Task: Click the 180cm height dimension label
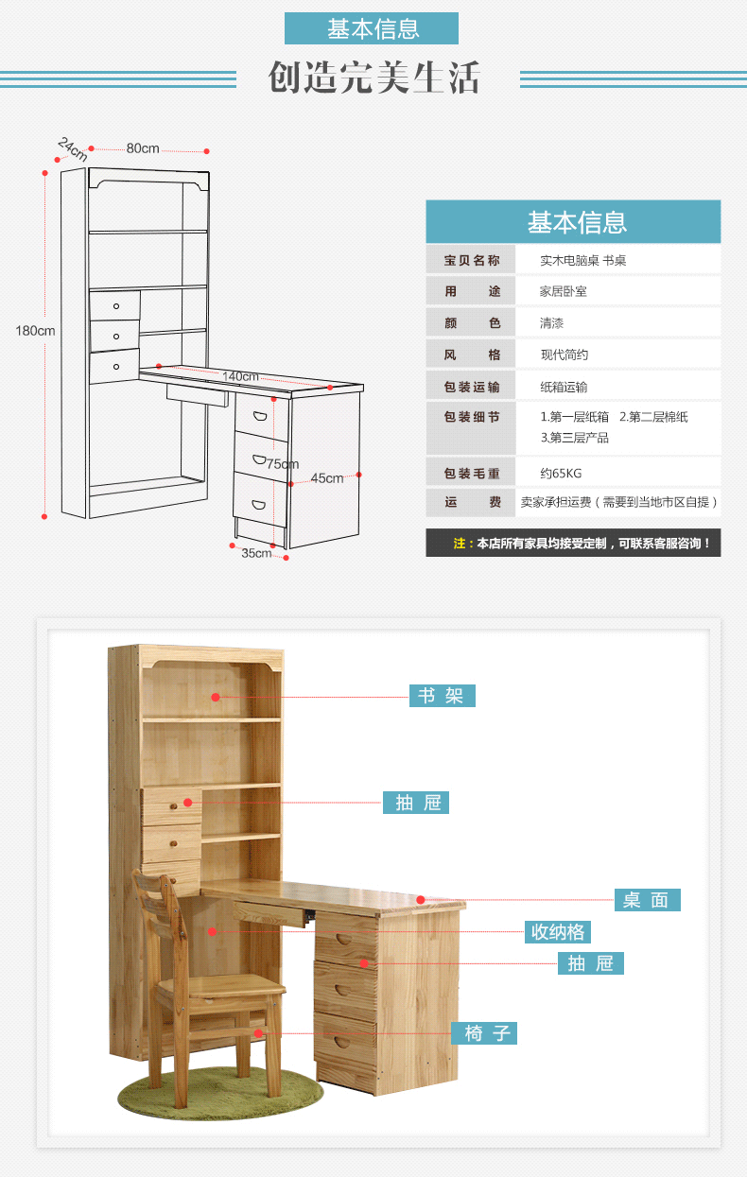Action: coord(35,331)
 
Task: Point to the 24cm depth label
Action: coord(72,149)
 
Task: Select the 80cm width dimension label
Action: coord(143,148)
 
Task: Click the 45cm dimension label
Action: coord(327,478)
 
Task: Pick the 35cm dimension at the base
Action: coord(255,553)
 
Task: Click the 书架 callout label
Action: coord(442,696)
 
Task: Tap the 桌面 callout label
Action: coord(647,900)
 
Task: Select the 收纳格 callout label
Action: coord(558,932)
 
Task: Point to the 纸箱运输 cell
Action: coord(564,387)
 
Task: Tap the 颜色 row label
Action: coord(472,323)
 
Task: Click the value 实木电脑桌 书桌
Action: coord(582,260)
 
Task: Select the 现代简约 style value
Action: coord(564,355)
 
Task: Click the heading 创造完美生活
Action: coord(373,78)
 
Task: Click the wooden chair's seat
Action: coord(221,989)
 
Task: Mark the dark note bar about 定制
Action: coord(573,544)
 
